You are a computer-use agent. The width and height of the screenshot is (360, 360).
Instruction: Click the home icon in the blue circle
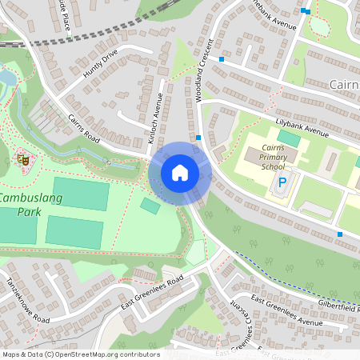click(180, 173)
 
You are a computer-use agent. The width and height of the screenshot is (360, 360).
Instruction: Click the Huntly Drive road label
click(99, 64)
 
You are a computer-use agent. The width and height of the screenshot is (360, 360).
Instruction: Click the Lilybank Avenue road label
click(307, 128)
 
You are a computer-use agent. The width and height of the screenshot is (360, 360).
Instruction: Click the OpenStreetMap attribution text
click(80, 354)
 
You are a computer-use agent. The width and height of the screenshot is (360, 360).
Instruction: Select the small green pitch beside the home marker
click(150, 206)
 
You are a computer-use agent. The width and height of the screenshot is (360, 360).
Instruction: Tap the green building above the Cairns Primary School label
click(289, 139)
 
